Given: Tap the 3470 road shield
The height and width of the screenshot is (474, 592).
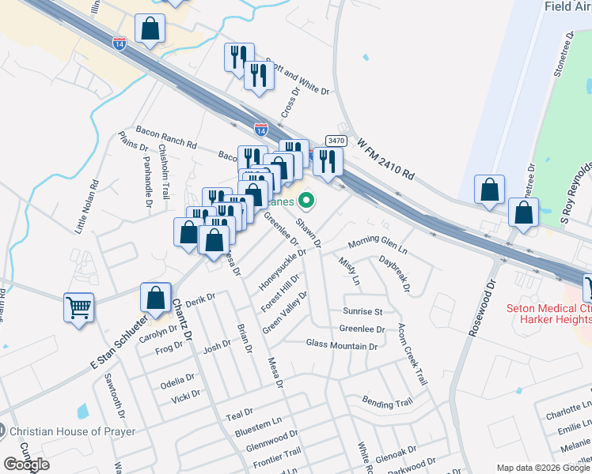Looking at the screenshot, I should (x=336, y=141).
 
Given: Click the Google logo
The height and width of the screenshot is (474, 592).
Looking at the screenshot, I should (x=27, y=465).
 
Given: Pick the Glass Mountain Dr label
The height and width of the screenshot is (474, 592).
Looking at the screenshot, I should (x=342, y=344).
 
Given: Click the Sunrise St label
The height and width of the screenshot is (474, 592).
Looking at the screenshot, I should (x=362, y=311).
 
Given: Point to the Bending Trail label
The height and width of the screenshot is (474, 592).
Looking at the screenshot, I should (x=387, y=403).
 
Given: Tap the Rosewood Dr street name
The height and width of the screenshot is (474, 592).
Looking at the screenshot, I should (x=482, y=307).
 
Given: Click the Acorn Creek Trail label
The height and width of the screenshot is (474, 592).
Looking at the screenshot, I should (x=412, y=353).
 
